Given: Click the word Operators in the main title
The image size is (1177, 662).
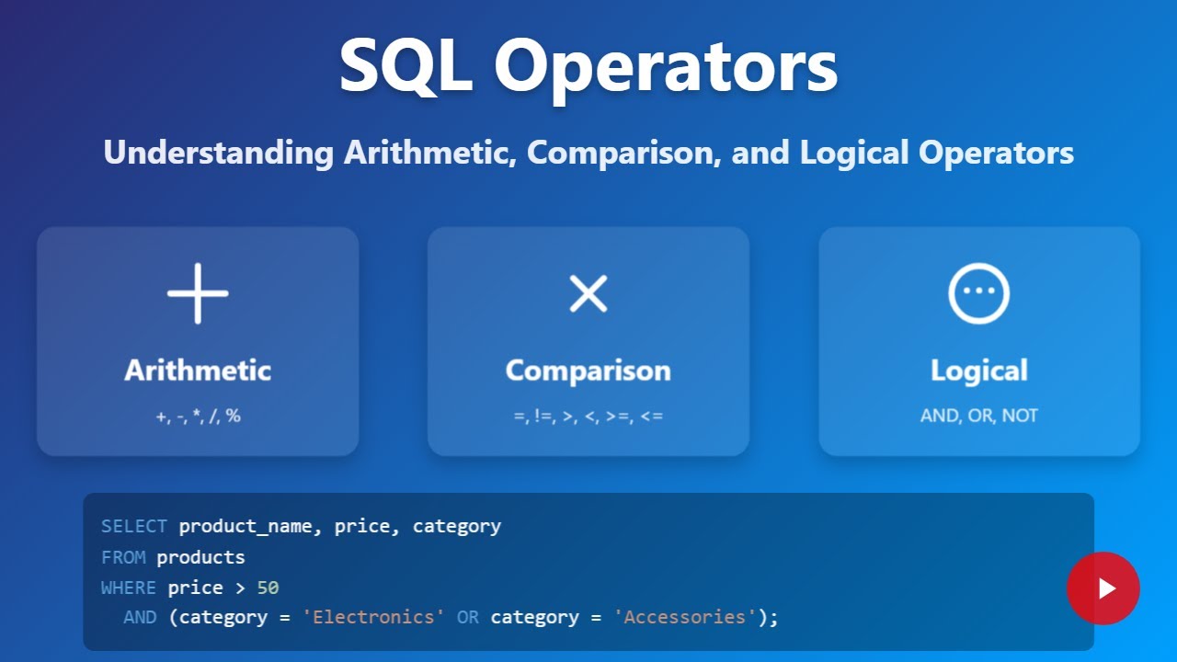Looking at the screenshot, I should [x=666, y=66].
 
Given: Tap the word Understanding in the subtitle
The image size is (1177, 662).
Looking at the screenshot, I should [x=218, y=153].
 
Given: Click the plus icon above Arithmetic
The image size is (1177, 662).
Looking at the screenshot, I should [x=198, y=293].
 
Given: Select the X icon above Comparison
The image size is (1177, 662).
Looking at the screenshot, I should [x=588, y=293].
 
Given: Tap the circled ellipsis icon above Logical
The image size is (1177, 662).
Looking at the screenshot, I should [x=978, y=293].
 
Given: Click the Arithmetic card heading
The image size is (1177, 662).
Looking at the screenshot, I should [x=198, y=371].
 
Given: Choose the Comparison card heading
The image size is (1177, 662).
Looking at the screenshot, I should [x=588, y=371].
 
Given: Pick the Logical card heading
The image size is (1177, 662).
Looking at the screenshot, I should [x=978, y=371].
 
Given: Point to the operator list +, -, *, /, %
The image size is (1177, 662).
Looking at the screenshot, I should [x=198, y=416].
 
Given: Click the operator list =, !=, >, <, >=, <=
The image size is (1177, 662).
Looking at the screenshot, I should [x=588, y=416].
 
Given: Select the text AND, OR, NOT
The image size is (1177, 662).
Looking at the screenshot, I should [x=978, y=416].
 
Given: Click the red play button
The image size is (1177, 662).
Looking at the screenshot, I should [x=1103, y=588].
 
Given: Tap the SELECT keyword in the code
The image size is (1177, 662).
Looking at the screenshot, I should [x=134, y=527].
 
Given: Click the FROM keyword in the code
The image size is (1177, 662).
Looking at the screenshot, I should [x=123, y=557].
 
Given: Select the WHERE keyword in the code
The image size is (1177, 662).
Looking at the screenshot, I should [x=129, y=588].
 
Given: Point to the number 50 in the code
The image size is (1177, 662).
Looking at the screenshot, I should [x=268, y=588].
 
